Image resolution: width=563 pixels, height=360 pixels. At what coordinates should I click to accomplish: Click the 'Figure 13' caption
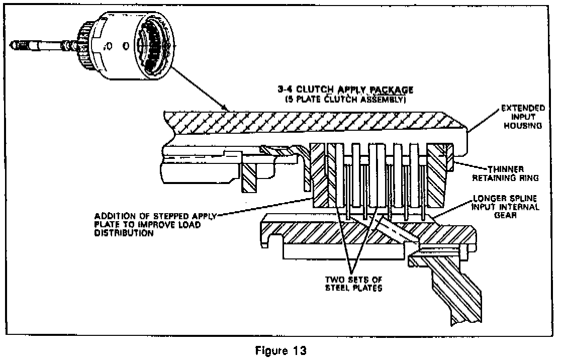click(x=281, y=351)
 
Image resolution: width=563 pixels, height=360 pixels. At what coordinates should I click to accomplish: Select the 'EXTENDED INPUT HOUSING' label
click(x=521, y=117)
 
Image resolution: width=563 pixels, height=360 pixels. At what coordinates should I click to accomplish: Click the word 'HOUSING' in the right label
click(x=525, y=126)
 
